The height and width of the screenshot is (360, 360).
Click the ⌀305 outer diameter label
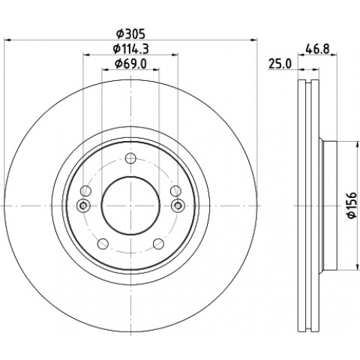pyautogui.click(x=130, y=34)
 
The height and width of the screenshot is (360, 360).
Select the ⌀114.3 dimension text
pyautogui.click(x=130, y=49)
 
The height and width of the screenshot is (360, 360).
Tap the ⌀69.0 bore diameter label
pyautogui.click(x=130, y=64)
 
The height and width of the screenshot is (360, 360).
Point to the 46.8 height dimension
pyautogui.click(x=317, y=49)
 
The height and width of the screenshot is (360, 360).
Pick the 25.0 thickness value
pyautogui.click(x=280, y=64)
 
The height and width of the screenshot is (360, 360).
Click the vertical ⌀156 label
pyautogui.click(x=352, y=205)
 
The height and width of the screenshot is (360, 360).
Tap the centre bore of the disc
pyautogui.click(x=130, y=205)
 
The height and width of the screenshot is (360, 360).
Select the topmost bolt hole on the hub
pyautogui.click(x=130, y=158)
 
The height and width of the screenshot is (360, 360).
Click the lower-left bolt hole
pyautogui.click(x=103, y=244)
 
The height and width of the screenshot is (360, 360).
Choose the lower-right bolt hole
pyautogui.click(x=158, y=244)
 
